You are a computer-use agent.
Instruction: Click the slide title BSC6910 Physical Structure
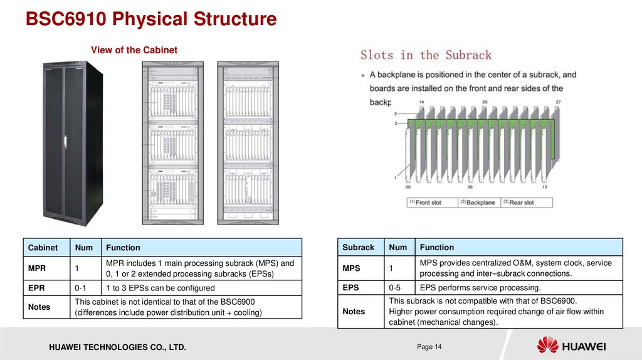point(150,19)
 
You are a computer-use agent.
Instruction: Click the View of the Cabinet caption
point(134,50)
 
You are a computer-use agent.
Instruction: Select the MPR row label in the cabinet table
point(37,268)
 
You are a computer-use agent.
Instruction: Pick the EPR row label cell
point(36,288)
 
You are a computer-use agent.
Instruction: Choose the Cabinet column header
point(43,248)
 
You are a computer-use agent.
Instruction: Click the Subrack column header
point(358,247)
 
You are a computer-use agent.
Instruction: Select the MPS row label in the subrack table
point(351,268)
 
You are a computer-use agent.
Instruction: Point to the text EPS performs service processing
point(480,288)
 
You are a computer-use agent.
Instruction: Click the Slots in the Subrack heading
point(426,55)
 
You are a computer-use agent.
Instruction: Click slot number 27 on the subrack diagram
point(558,102)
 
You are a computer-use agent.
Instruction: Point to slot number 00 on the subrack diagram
point(408,187)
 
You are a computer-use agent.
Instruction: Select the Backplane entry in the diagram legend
point(480,203)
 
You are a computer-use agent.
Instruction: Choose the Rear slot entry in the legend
point(521,203)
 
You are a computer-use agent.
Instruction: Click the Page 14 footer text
point(429,347)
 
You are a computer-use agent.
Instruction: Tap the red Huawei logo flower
point(547,345)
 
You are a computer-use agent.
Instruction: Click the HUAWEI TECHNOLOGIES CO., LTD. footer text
point(114,347)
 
